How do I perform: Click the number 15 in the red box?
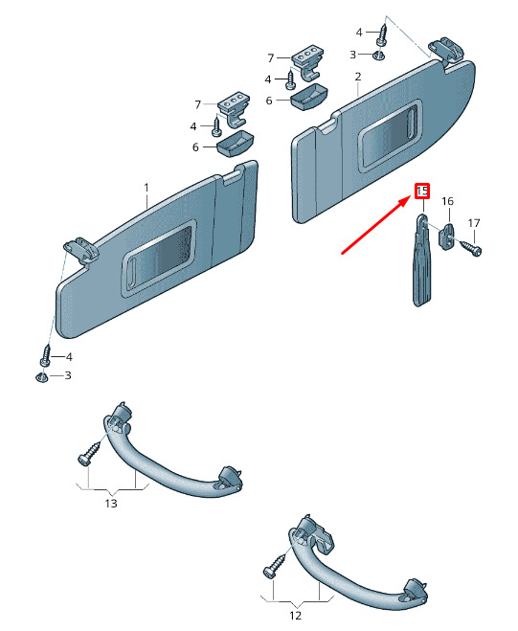click(x=422, y=192)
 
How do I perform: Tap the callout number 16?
click(x=447, y=201)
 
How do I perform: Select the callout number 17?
click(x=474, y=223)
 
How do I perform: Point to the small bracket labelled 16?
click(x=446, y=237)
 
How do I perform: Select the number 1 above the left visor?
click(x=146, y=188)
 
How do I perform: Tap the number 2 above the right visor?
click(x=358, y=77)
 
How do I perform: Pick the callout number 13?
click(x=111, y=503)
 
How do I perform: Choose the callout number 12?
click(x=296, y=616)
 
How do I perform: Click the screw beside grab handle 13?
click(x=89, y=454)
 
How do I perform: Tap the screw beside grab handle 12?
click(x=276, y=566)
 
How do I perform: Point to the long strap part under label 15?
click(x=421, y=259)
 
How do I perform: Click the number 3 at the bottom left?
click(x=68, y=375)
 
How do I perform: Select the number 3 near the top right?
click(x=352, y=55)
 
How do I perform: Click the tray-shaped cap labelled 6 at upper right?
click(x=308, y=97)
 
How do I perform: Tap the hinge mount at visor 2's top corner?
click(x=446, y=51)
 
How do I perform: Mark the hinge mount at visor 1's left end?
click(x=81, y=252)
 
